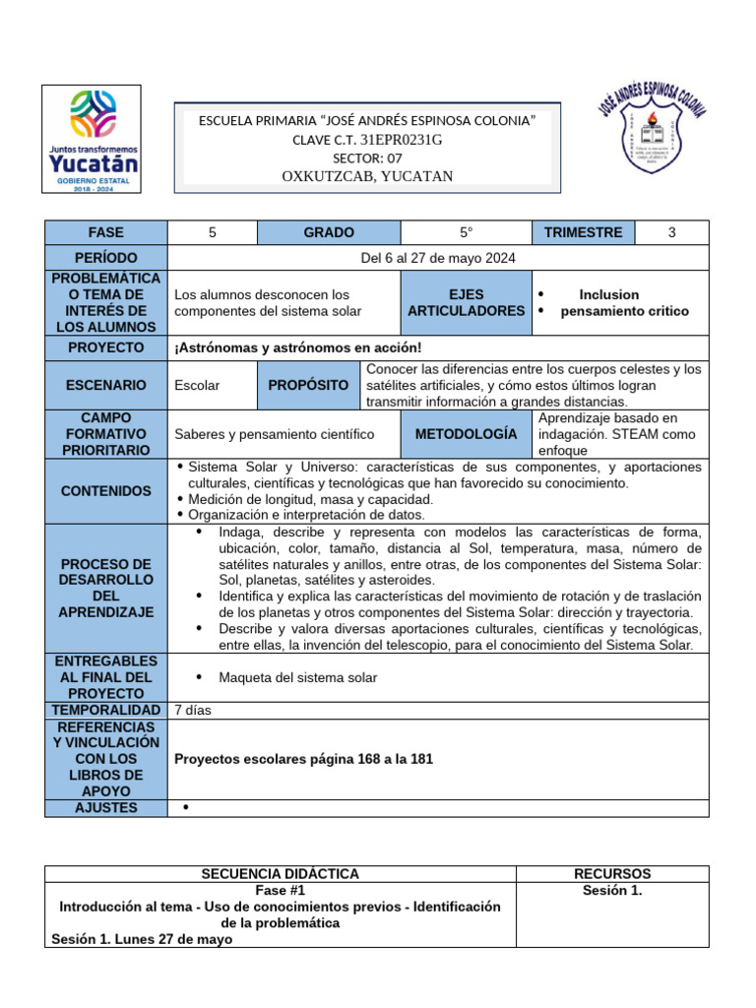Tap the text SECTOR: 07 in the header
pyautogui.click(x=367, y=157)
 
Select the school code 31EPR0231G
pyautogui.click(x=402, y=140)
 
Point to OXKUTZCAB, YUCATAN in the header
pyautogui.click(x=367, y=176)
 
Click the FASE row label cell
pyautogui.click(x=106, y=232)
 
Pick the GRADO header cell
pyautogui.click(x=329, y=232)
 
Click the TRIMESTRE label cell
pyautogui.click(x=583, y=232)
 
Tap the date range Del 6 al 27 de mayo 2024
pyautogui.click(x=438, y=258)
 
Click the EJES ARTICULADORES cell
pyautogui.click(x=466, y=302)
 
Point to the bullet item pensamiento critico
pyautogui.click(x=624, y=311)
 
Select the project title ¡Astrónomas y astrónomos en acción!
pyautogui.click(x=297, y=347)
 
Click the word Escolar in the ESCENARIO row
pyautogui.click(x=197, y=385)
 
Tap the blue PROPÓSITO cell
pyautogui.click(x=308, y=385)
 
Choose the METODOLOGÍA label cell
pyautogui.click(x=466, y=433)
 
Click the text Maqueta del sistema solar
pyautogui.click(x=297, y=677)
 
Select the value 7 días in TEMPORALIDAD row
pyautogui.click(x=193, y=710)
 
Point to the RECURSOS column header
pyautogui.click(x=612, y=873)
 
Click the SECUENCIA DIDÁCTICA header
pyautogui.click(x=281, y=873)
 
